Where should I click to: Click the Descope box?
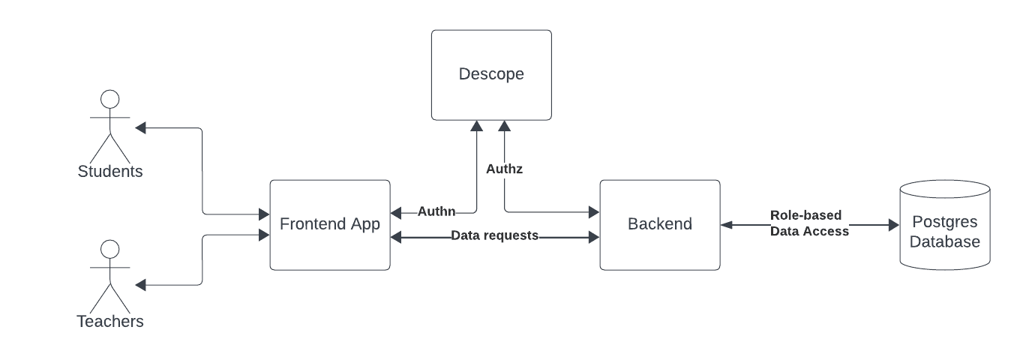click(x=491, y=75)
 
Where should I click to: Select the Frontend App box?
click(x=330, y=225)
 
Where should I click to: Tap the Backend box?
click(x=660, y=225)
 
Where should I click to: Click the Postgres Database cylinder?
click(x=944, y=225)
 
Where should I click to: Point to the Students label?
click(x=110, y=172)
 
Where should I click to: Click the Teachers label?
click(x=110, y=322)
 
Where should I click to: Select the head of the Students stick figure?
click(x=110, y=99)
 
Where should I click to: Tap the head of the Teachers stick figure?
click(x=110, y=249)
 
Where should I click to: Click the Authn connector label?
click(x=436, y=211)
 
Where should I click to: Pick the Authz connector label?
click(x=504, y=169)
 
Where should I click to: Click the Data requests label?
click(x=494, y=235)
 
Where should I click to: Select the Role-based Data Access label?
click(x=809, y=223)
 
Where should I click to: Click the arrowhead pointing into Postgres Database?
click(x=893, y=224)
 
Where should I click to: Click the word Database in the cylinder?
click(x=944, y=242)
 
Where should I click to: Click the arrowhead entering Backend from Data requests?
click(x=594, y=238)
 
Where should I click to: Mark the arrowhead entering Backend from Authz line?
click(x=594, y=211)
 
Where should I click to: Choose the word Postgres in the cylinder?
click(x=944, y=223)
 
